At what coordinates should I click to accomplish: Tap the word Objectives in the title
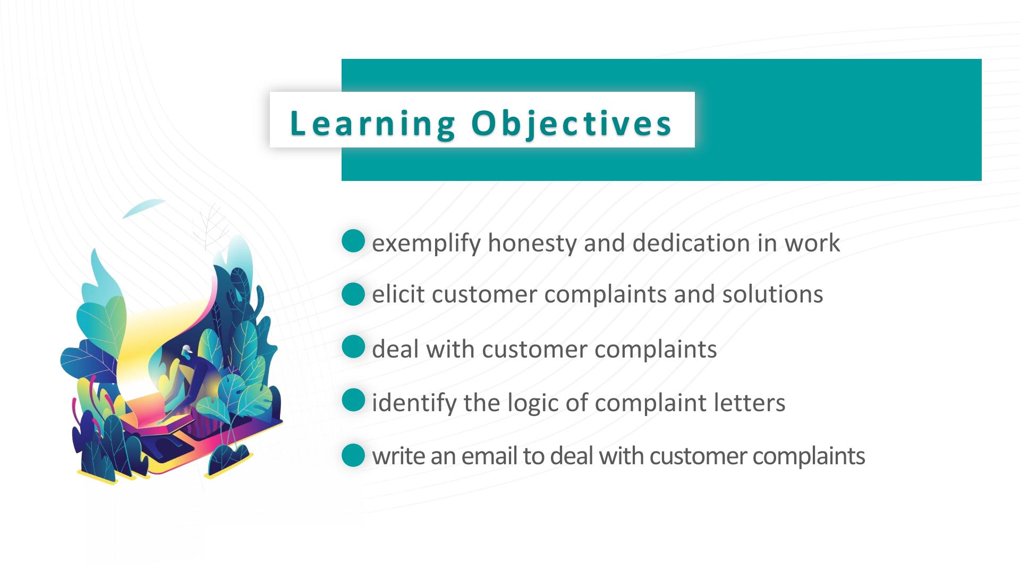pyautogui.click(x=572, y=124)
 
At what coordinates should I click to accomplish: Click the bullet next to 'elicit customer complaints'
pyautogui.click(x=353, y=294)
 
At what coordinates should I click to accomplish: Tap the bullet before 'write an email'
pyautogui.click(x=353, y=455)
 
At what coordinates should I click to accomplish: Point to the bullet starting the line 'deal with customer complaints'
pyautogui.click(x=353, y=347)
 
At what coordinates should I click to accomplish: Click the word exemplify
pyautogui.click(x=426, y=244)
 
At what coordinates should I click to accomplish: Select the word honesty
pyautogui.click(x=532, y=244)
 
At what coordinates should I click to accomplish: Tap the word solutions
pyautogui.click(x=772, y=294)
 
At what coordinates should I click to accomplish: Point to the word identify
pyautogui.click(x=414, y=403)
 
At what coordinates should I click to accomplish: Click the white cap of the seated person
pyautogui.click(x=186, y=350)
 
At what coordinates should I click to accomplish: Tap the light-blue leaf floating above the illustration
pyautogui.click(x=143, y=207)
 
